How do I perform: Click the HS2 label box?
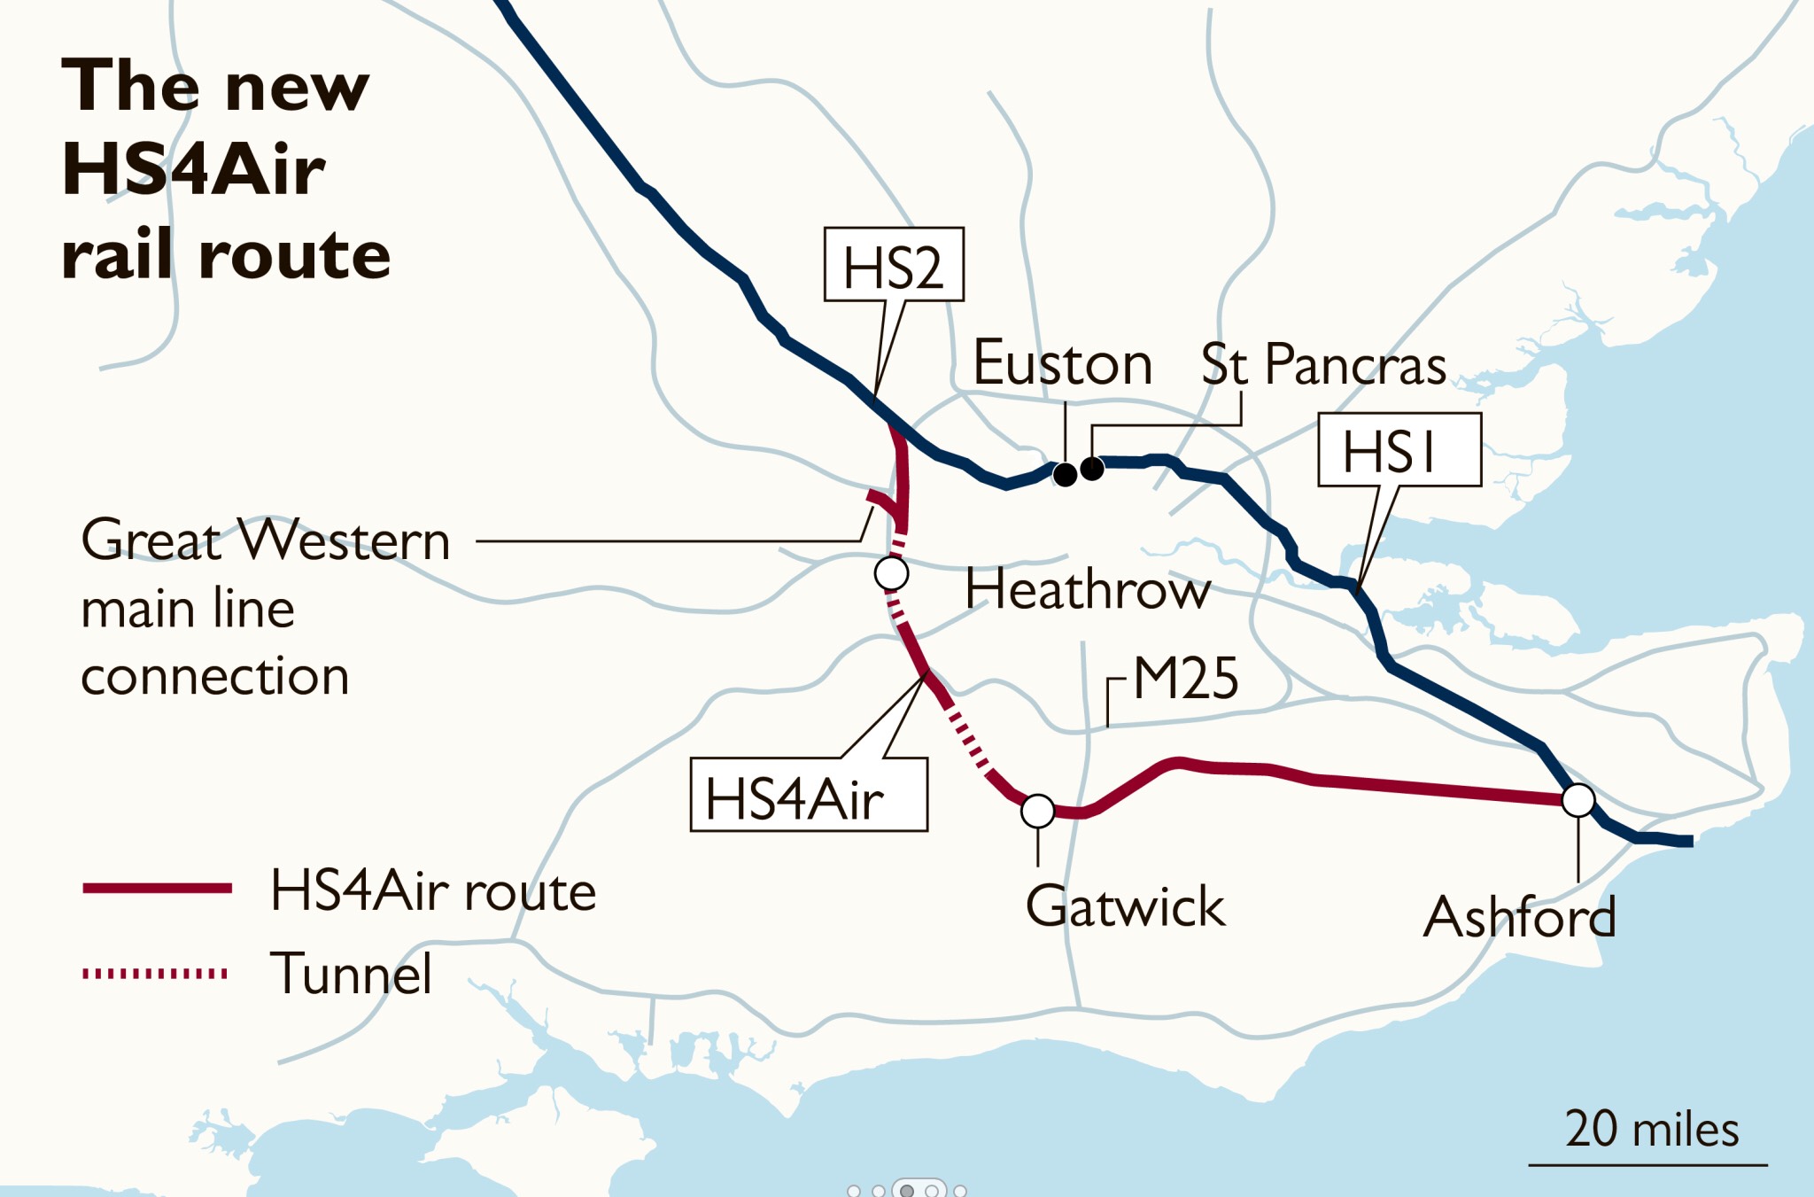click(893, 265)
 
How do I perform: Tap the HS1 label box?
click(1399, 450)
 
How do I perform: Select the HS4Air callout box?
click(808, 796)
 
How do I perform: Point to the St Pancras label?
click(1322, 364)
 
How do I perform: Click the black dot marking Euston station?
click(1065, 475)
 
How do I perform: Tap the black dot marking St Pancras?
click(1092, 468)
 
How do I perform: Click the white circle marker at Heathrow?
click(891, 573)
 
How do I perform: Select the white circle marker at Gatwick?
click(1037, 810)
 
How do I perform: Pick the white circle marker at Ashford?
click(1578, 800)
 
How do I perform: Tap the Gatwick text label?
click(1124, 906)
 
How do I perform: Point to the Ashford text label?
click(1518, 917)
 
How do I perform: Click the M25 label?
click(1185, 680)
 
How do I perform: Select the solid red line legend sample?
click(157, 888)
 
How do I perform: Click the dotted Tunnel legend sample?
click(155, 974)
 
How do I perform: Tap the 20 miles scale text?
click(1651, 1130)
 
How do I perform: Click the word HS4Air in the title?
click(193, 169)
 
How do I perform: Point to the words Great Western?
click(265, 540)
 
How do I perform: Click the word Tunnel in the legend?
click(351, 974)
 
